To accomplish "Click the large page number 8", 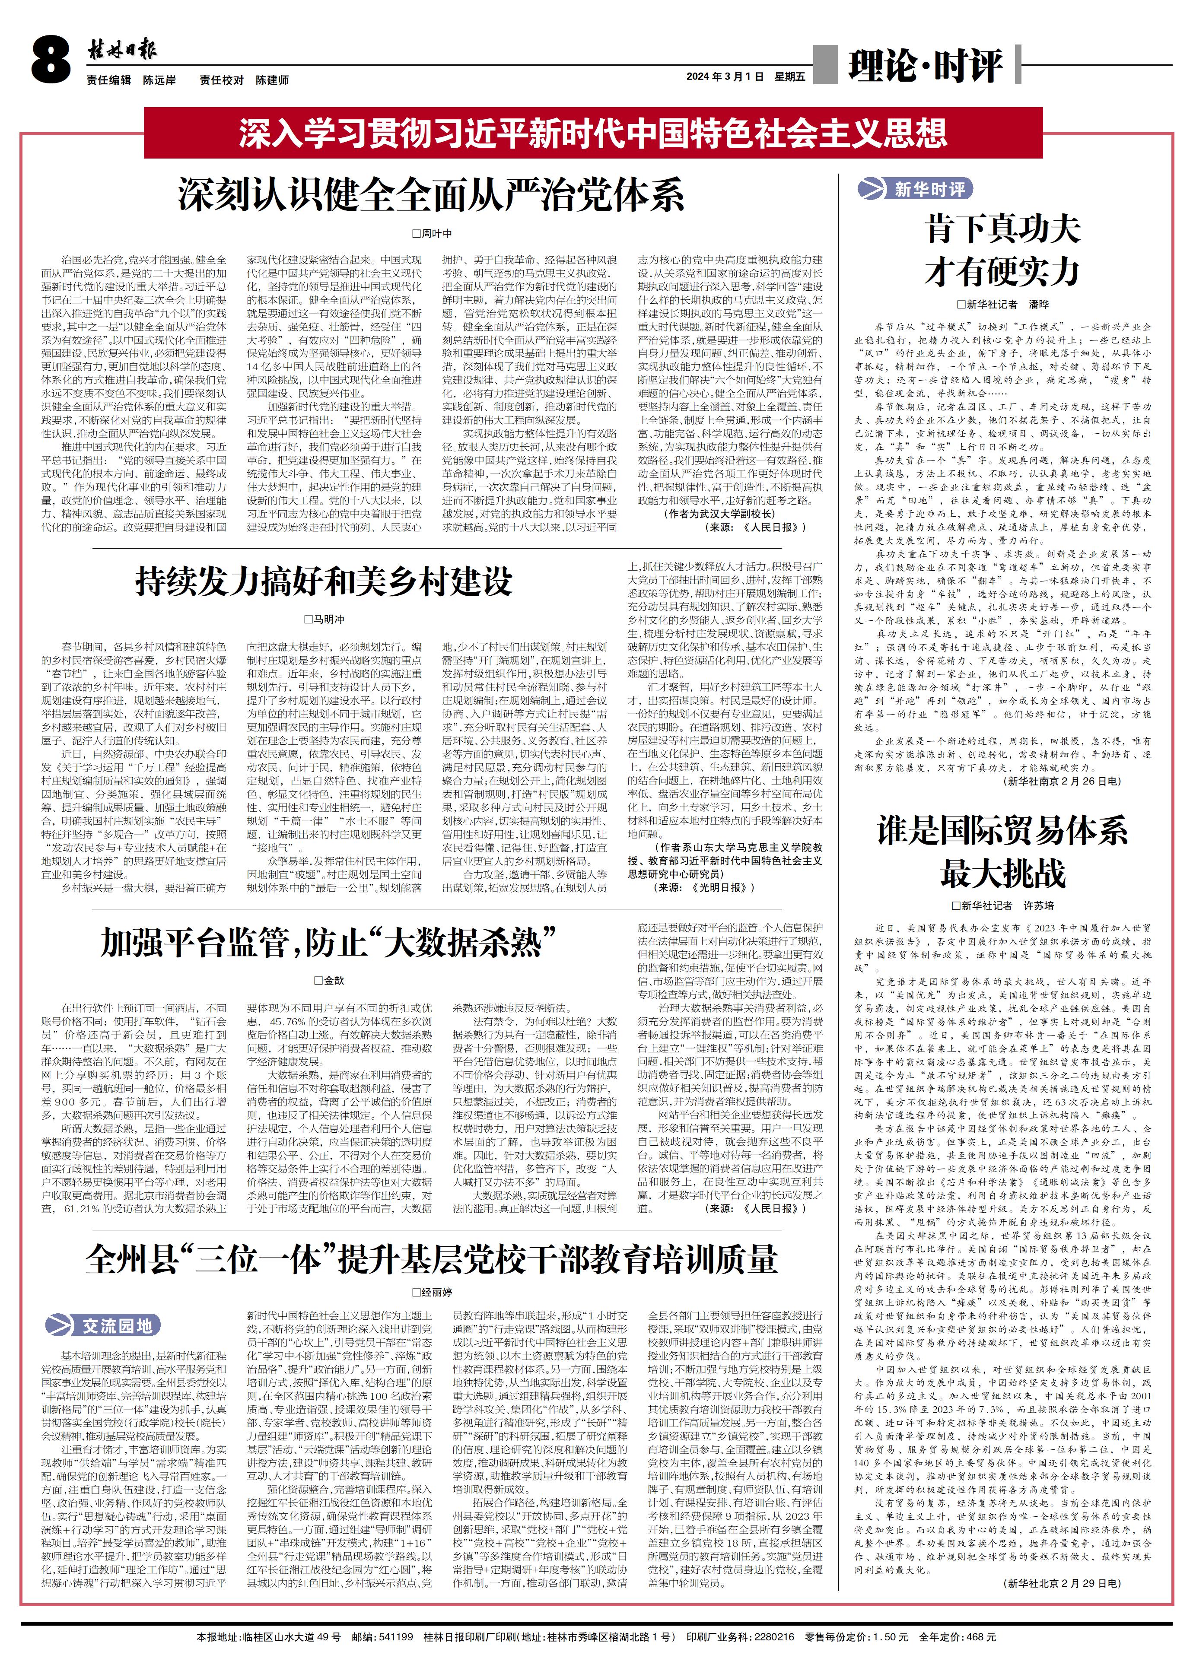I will tap(50, 60).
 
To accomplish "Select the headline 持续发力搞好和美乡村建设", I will tap(324, 581).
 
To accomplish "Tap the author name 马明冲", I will tap(324, 619).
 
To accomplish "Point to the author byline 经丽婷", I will tap(432, 1292).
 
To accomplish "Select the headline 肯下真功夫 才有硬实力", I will tap(1002, 250).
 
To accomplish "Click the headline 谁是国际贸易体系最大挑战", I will tap(1002, 852).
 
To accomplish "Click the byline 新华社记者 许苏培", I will tap(1002, 905).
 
